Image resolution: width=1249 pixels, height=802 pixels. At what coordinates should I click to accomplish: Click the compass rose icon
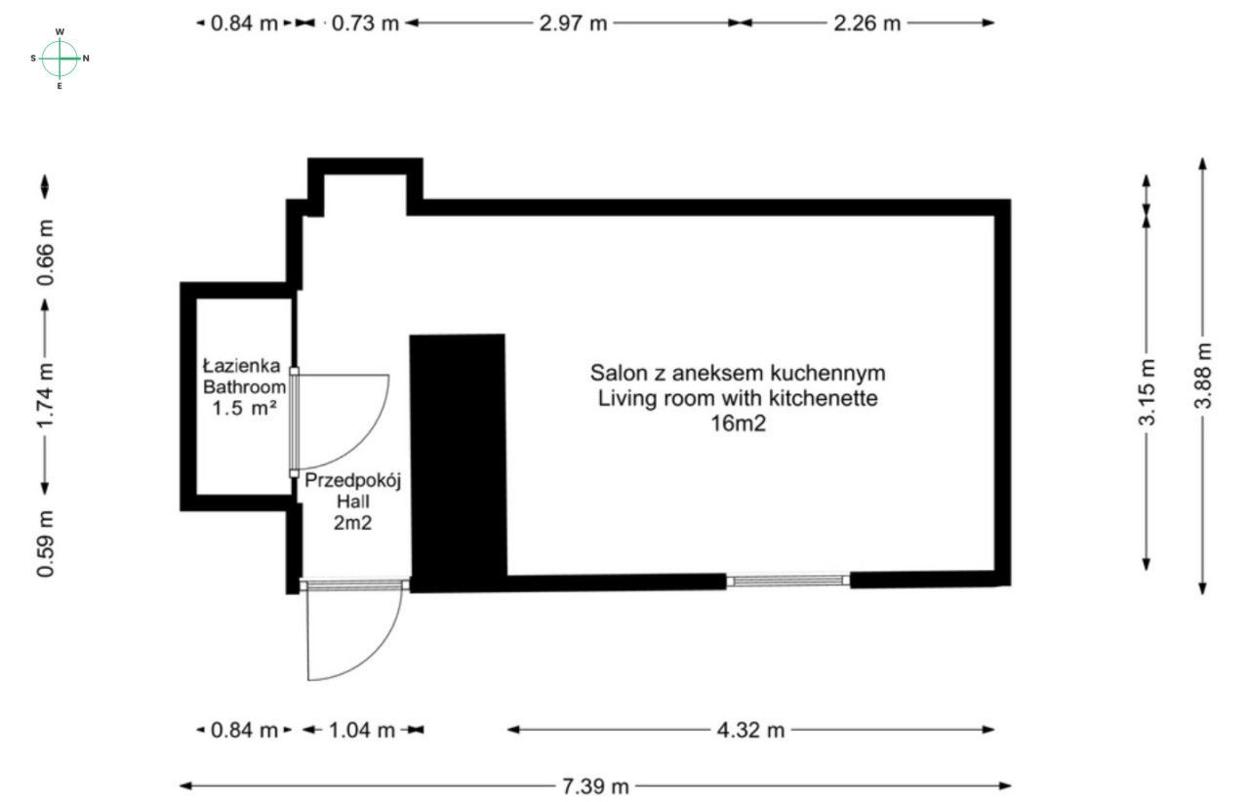(60, 59)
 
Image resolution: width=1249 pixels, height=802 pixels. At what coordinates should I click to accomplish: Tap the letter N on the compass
(86, 59)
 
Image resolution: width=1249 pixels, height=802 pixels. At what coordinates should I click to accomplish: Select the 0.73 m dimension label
(366, 23)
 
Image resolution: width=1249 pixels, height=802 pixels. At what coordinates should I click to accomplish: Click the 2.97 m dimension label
(573, 23)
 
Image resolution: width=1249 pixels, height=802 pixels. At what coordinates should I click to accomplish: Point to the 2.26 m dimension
(866, 23)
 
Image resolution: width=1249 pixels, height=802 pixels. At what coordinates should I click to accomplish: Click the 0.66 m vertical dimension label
(45, 252)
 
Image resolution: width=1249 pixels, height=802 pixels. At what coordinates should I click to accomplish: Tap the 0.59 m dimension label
(45, 542)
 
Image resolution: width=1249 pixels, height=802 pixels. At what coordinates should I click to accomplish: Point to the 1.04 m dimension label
(361, 730)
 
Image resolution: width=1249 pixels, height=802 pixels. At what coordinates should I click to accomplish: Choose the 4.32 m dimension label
(751, 730)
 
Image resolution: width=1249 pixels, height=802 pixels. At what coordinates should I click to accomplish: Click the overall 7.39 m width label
(595, 785)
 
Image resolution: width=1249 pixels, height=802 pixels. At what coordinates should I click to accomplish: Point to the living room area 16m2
(738, 423)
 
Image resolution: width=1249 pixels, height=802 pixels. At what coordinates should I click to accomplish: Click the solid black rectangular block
(457, 459)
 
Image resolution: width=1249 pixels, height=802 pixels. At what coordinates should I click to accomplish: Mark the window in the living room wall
(788, 581)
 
